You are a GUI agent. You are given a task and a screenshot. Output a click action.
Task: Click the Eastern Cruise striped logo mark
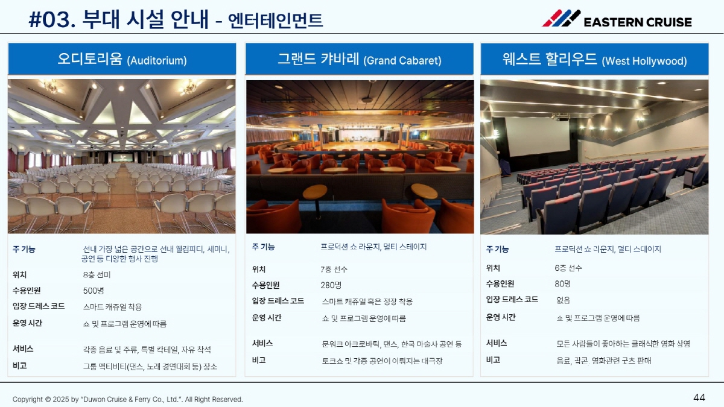point(561,18)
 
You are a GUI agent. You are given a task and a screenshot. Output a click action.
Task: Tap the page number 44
point(699,397)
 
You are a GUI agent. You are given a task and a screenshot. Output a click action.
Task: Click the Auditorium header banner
point(122,59)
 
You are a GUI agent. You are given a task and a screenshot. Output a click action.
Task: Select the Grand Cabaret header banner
point(360,59)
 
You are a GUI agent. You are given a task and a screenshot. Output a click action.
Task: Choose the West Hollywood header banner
point(594,60)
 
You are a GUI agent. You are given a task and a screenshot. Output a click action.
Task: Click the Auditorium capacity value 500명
point(94,291)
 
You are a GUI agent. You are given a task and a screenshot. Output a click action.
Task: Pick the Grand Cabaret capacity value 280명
point(331,285)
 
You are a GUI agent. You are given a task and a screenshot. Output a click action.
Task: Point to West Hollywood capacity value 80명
point(563,284)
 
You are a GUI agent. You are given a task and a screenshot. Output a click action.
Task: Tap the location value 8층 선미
point(97,275)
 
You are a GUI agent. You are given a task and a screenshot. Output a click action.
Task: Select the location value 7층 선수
point(334,270)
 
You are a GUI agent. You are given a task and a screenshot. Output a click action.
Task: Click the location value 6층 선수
point(568,268)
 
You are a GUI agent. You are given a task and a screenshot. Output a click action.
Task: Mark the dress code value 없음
point(563,300)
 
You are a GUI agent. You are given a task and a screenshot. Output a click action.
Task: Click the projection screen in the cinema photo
point(537,136)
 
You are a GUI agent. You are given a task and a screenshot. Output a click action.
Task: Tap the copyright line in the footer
point(128,400)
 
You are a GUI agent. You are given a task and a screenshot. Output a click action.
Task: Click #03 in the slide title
point(52,20)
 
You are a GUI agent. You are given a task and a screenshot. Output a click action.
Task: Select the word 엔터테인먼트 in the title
point(275,21)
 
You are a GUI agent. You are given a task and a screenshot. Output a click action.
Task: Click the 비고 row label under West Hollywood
point(494,360)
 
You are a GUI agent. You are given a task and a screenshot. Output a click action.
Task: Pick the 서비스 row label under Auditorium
point(23,349)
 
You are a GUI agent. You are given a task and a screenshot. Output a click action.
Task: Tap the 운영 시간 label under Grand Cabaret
point(267,318)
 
